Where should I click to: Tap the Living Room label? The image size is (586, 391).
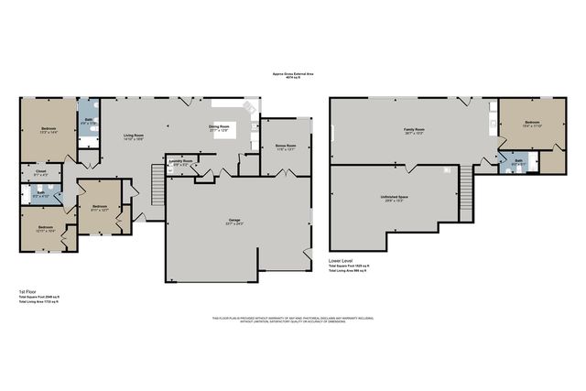coord(134,136)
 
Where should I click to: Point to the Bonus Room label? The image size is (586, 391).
coord(285,146)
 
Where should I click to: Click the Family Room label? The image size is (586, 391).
coord(415,130)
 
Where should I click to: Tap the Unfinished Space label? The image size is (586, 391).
coord(394,197)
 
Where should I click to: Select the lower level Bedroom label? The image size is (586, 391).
coord(533,122)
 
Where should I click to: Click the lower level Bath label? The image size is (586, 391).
coord(517,161)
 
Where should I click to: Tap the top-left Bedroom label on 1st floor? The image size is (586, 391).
coord(50,129)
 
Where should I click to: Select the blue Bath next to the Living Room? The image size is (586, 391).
coord(87,122)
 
